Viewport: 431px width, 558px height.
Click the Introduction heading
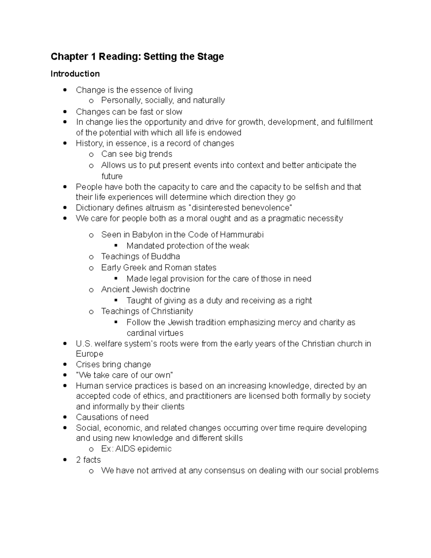(x=75, y=74)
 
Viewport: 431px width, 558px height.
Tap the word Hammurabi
(x=242, y=235)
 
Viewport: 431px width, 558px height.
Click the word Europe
(x=89, y=354)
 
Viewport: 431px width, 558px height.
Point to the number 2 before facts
(x=78, y=460)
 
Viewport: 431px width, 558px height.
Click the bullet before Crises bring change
(x=65, y=365)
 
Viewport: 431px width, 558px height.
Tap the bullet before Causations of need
(x=65, y=418)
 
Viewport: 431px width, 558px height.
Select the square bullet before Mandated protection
(x=116, y=246)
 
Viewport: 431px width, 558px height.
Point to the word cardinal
(x=140, y=333)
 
